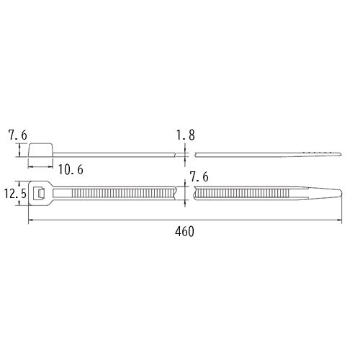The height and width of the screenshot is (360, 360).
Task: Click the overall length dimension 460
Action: [184, 232]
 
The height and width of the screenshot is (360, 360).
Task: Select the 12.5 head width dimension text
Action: [15, 194]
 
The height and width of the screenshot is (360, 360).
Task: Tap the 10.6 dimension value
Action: [71, 170]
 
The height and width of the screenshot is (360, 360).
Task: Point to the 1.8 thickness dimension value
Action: [186, 135]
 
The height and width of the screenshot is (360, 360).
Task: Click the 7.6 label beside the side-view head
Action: [18, 135]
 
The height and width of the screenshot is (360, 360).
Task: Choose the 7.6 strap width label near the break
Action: [199, 177]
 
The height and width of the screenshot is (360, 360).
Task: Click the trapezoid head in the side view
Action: [41, 150]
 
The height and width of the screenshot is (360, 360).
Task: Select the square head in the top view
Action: [38, 193]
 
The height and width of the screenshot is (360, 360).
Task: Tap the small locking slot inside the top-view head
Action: [39, 193]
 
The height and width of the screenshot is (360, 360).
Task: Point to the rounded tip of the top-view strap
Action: [341, 193]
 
